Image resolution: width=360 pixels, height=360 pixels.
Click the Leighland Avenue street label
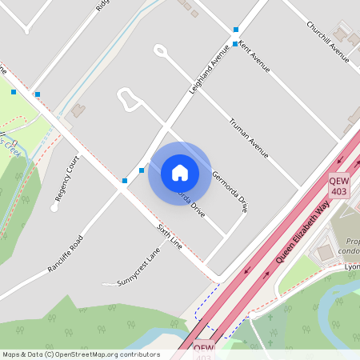tap(206, 76)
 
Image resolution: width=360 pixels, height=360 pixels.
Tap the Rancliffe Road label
tap(66, 255)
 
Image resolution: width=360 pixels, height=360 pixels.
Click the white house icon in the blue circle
tap(179, 173)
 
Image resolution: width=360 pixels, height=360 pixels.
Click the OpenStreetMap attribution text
tap(80, 354)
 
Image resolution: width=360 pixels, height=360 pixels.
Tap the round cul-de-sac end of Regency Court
tap(54, 208)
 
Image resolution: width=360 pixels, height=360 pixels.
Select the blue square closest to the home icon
tap(142, 170)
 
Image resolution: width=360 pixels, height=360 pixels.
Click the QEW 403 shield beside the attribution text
tap(204, 350)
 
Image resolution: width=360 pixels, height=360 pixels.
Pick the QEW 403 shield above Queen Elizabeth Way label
tap(338, 186)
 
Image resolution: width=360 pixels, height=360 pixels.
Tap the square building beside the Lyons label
tap(324, 254)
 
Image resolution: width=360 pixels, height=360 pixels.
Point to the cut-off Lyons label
tap(352, 266)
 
